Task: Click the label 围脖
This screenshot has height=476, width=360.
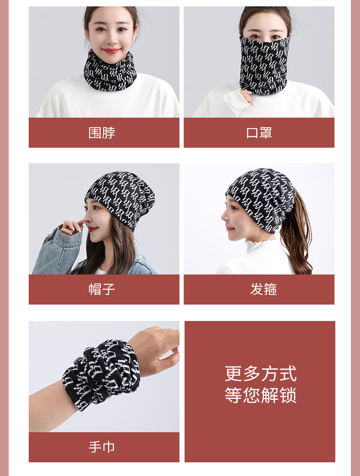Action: coord(102,133)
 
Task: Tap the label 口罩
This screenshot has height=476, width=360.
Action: coord(259,133)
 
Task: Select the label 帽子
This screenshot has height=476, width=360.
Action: coord(102,289)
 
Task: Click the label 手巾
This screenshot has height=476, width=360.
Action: coord(102,447)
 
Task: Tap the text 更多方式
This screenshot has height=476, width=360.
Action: coord(260,373)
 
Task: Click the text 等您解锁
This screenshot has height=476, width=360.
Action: coord(260,395)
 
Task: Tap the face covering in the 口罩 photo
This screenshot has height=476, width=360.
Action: coord(264,64)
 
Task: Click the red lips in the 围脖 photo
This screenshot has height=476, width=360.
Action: coord(111,51)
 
